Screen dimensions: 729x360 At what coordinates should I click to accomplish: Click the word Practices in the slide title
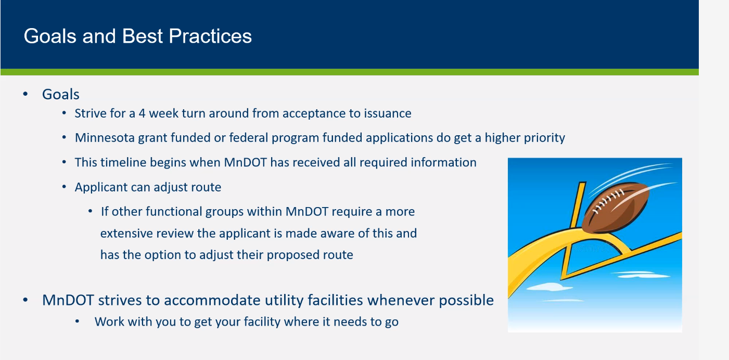click(210, 36)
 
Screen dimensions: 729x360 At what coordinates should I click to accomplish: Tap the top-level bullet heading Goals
click(60, 94)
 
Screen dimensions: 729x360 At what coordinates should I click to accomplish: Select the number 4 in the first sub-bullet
click(142, 113)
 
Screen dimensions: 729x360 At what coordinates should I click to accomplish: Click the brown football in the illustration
click(615, 208)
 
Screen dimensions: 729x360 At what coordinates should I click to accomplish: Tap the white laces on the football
click(608, 201)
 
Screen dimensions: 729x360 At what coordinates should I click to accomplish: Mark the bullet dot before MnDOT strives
click(25, 300)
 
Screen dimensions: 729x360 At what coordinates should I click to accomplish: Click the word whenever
click(401, 300)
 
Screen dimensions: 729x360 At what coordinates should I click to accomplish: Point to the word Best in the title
click(142, 36)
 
